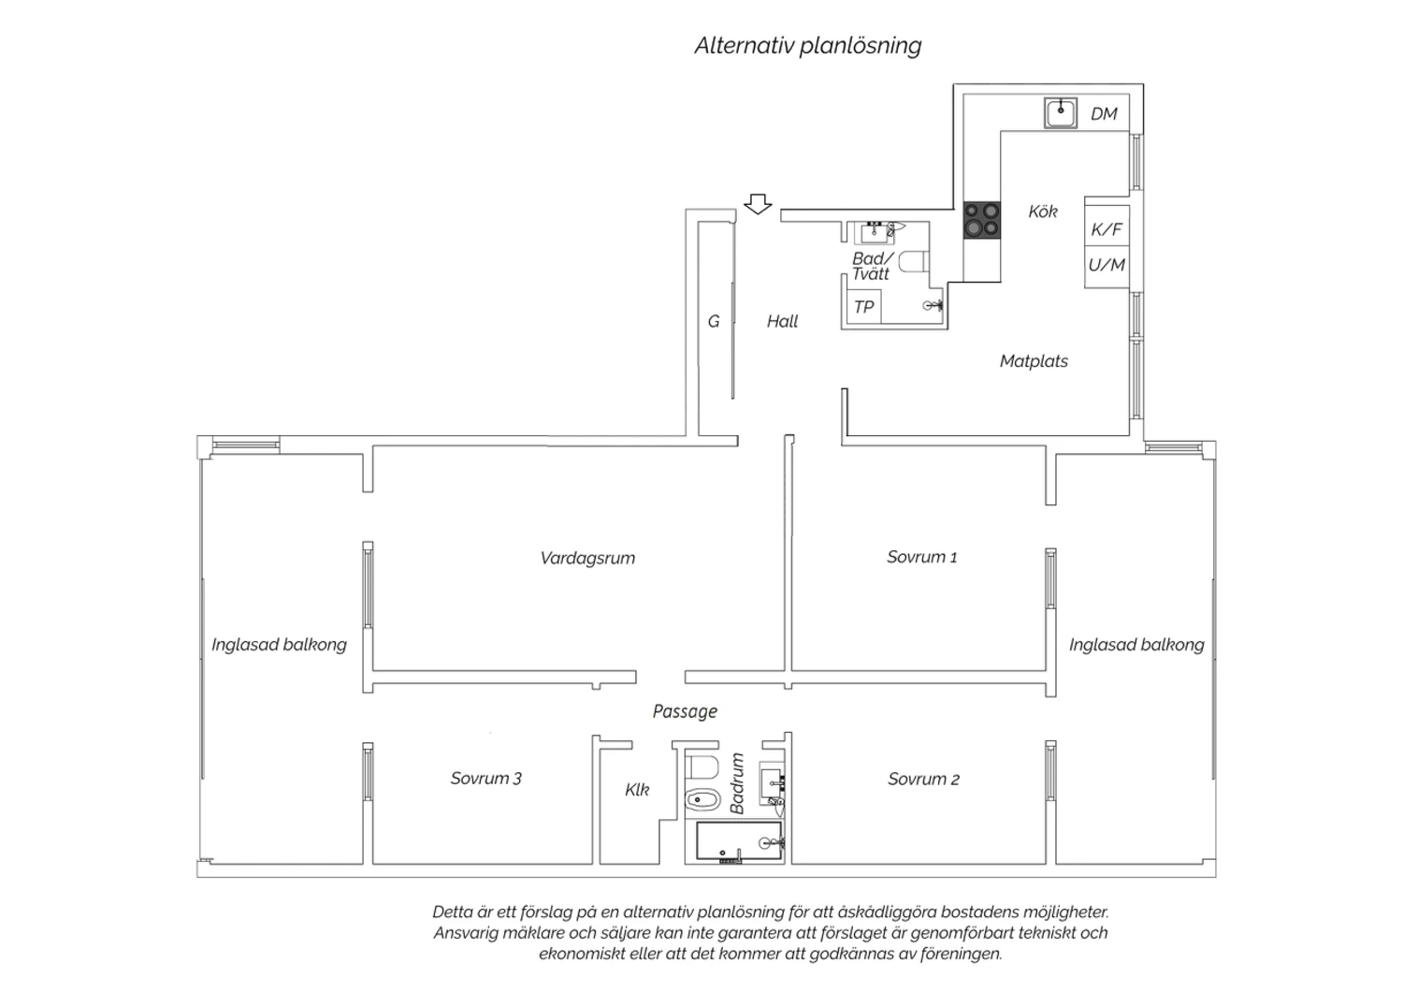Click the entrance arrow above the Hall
pos(758,204)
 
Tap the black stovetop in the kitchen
pos(981,220)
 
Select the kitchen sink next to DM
pos(1061,113)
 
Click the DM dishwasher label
pos(1105,113)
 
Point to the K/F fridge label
pos(1106,229)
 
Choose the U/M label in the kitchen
pos(1106,265)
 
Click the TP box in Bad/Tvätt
pos(863,306)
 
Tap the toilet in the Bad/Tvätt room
pos(914,262)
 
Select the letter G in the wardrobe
pos(714,322)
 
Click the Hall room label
pos(782,322)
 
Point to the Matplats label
pos(1034,361)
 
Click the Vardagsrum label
pos(587,558)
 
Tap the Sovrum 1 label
pos(922,557)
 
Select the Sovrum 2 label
pos(924,779)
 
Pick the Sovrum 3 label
pos(486,779)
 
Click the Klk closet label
pos(637,790)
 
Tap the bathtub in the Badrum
pos(739,841)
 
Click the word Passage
pos(685,711)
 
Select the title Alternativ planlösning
pos(808,46)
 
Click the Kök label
pos(1043,212)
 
